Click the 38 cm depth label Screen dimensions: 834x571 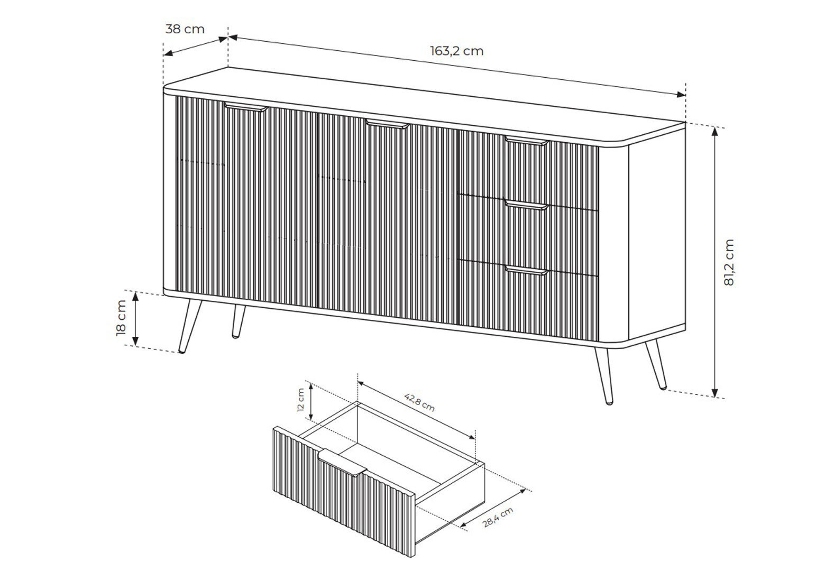coord(185,29)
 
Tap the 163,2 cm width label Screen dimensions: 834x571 coord(457,51)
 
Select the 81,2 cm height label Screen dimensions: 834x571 coord(729,262)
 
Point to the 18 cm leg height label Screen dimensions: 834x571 coord(122,318)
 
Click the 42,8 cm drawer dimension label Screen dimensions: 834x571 coord(419,402)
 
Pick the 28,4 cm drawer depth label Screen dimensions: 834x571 coord(498,517)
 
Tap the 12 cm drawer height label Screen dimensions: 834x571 coord(301,400)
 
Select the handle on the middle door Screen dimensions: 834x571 coord(387,124)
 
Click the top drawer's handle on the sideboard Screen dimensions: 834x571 coord(527,141)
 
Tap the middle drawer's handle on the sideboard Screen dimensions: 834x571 coord(526,205)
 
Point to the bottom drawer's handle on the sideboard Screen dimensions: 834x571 coord(526,270)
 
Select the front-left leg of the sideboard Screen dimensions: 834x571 coord(190,326)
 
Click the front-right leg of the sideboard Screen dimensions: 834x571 coord(603,376)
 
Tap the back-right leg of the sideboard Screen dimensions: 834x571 coord(656,364)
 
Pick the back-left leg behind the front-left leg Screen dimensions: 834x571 coord(239,321)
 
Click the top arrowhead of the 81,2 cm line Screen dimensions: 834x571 coord(714,132)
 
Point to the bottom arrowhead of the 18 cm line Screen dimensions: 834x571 coord(135,340)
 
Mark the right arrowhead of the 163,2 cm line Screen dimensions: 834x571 coord(681,95)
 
